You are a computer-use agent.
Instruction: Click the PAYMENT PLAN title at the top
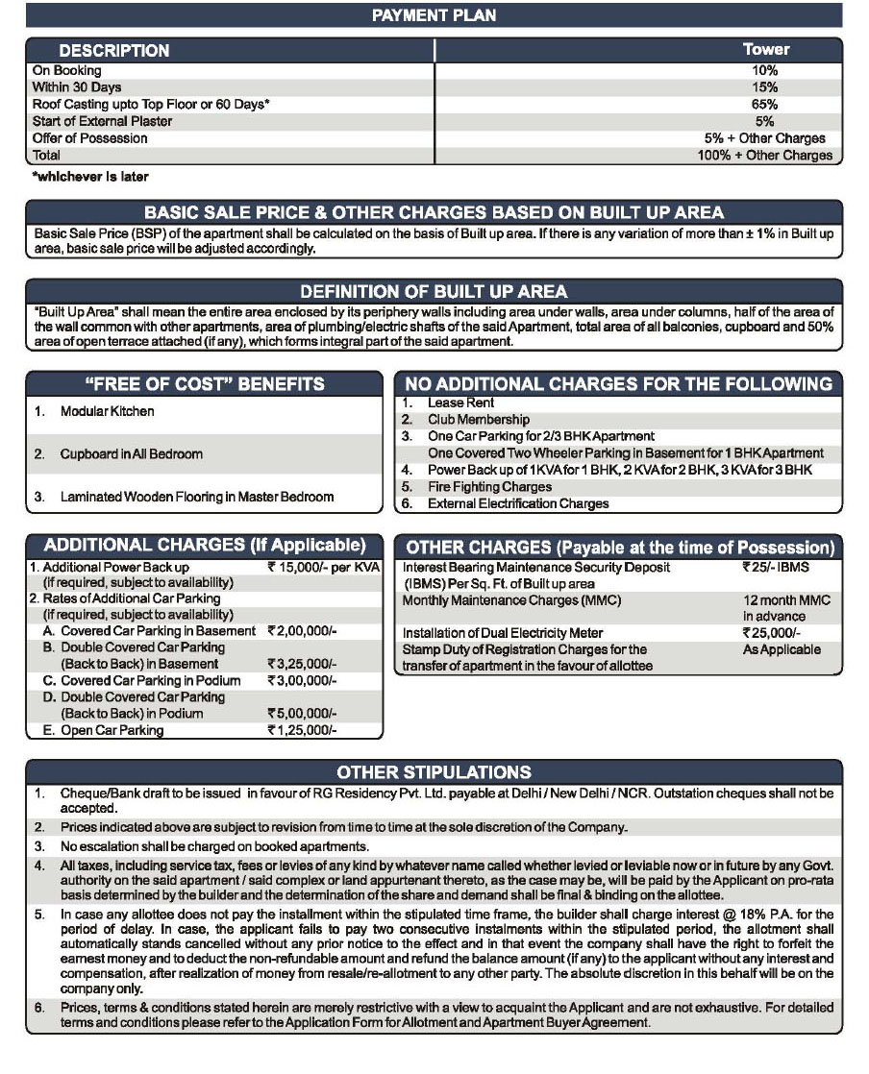[433, 14]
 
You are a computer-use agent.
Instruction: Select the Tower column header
[765, 50]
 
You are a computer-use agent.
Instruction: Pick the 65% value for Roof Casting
[765, 104]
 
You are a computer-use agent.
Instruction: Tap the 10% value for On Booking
[765, 71]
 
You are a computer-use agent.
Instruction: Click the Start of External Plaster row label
[103, 121]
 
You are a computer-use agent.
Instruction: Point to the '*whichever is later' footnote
[90, 177]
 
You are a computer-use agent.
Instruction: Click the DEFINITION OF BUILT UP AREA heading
[434, 291]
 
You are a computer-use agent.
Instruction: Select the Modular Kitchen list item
[107, 411]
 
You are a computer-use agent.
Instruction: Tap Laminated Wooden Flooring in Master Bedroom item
[197, 497]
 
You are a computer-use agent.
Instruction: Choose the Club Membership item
[479, 420]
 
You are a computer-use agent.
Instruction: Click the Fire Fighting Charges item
[489, 487]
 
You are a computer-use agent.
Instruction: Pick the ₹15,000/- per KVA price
[324, 568]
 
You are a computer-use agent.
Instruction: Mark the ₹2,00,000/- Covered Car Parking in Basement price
[301, 631]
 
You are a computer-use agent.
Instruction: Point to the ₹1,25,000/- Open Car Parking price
[301, 730]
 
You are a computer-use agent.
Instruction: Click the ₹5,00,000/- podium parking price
[301, 714]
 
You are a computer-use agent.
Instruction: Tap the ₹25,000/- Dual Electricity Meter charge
[771, 633]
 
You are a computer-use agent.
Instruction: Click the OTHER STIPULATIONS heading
[434, 772]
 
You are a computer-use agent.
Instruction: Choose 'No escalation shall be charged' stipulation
[214, 846]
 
